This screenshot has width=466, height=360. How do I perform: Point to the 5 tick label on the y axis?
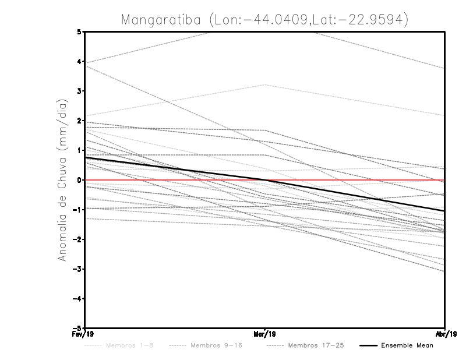pos(79,31)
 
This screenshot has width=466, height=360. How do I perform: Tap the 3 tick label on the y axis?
pos(79,91)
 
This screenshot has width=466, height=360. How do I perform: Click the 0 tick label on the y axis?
pos(79,180)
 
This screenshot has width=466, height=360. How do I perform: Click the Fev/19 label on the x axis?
pos(84,334)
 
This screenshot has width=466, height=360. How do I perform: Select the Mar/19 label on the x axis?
pos(265,334)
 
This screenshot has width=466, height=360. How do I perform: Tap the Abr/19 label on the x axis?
pos(446,334)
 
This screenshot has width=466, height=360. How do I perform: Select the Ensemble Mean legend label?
pos(407,345)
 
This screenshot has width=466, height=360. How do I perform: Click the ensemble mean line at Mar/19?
pos(265,180)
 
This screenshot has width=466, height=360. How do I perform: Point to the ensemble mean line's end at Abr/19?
pos(445,211)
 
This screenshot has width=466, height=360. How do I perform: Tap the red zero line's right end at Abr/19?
pos(445,180)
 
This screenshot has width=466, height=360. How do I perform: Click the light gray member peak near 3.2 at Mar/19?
pos(265,84)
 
